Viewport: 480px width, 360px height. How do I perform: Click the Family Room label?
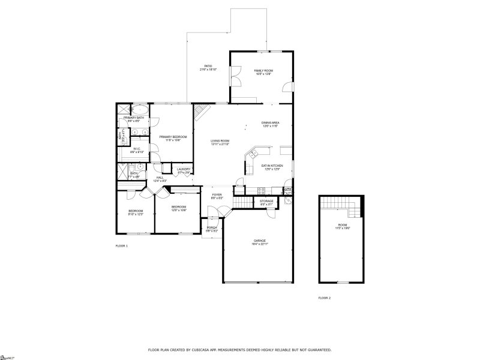click(263, 71)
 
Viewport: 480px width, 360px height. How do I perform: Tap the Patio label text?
click(208, 67)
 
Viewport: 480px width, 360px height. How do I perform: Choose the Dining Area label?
click(270, 124)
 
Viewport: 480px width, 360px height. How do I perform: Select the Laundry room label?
click(184, 170)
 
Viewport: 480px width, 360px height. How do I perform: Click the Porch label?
click(212, 229)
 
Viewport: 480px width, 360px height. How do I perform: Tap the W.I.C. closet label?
click(137, 150)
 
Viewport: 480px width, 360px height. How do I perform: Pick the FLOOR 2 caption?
click(324, 298)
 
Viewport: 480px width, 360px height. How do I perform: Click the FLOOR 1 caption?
click(122, 246)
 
